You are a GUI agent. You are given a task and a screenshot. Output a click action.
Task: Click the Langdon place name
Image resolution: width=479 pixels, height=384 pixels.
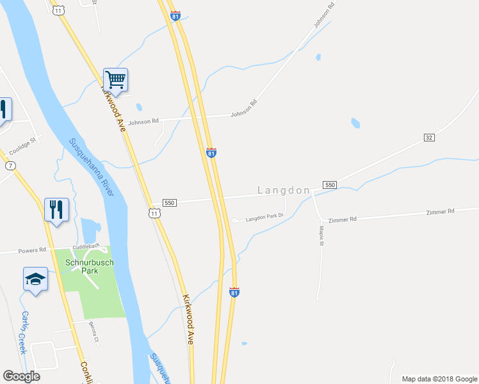pyautogui.click(x=284, y=190)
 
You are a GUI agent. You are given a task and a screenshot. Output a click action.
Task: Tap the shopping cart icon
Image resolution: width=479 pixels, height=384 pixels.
pyautogui.click(x=115, y=80)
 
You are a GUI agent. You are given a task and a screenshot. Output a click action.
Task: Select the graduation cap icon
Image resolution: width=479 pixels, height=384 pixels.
pyautogui.click(x=35, y=279)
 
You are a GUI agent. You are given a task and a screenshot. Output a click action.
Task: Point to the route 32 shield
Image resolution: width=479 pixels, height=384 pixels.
pyautogui.click(x=429, y=138)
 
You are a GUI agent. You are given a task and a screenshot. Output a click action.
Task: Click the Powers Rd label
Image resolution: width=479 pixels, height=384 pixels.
pyautogui.click(x=33, y=250)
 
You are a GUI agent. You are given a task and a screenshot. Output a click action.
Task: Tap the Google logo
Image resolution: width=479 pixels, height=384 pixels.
pyautogui.click(x=21, y=376)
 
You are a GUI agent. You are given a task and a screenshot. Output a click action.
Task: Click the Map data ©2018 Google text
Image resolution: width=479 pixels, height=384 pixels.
pyautogui.click(x=439, y=379)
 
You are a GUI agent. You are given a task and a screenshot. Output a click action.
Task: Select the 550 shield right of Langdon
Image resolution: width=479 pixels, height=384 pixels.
pyautogui.click(x=330, y=184)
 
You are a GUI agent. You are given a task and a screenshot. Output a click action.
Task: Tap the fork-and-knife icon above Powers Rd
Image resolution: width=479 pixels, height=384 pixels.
pyautogui.click(x=56, y=209)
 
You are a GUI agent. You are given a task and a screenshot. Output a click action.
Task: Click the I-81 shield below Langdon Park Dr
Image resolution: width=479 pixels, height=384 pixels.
pyautogui.click(x=234, y=292)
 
